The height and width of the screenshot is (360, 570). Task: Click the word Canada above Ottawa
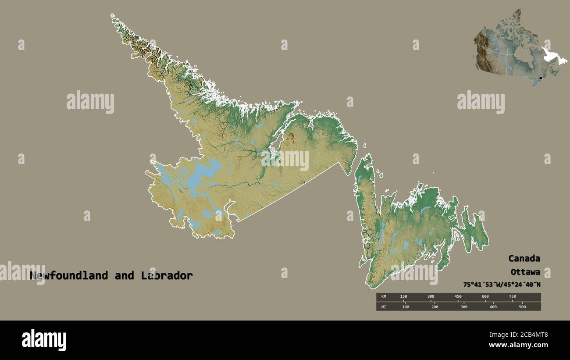[x=524, y=258]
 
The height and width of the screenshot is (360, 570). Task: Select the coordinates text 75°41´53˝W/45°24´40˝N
[x=502, y=284]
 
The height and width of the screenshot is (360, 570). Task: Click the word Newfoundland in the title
[x=69, y=276]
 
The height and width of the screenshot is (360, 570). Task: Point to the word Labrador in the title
[x=167, y=276]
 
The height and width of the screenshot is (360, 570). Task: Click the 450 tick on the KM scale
[x=458, y=296]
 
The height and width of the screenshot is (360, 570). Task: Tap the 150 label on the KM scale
[x=403, y=296]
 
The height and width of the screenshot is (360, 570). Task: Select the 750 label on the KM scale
[x=512, y=296]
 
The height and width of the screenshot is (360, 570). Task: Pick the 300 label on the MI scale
[x=463, y=307]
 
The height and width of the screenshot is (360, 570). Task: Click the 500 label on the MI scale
[x=522, y=307]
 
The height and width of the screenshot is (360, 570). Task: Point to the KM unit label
[x=384, y=296]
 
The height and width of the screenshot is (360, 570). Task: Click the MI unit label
[x=384, y=307]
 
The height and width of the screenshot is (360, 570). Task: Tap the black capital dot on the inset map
[x=540, y=78]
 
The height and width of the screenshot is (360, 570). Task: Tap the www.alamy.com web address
[x=518, y=345]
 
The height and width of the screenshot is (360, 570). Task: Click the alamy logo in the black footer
[x=44, y=340]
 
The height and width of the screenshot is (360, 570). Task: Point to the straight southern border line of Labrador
[x=289, y=191]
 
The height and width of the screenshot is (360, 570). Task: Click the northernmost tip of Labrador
[x=113, y=16]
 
